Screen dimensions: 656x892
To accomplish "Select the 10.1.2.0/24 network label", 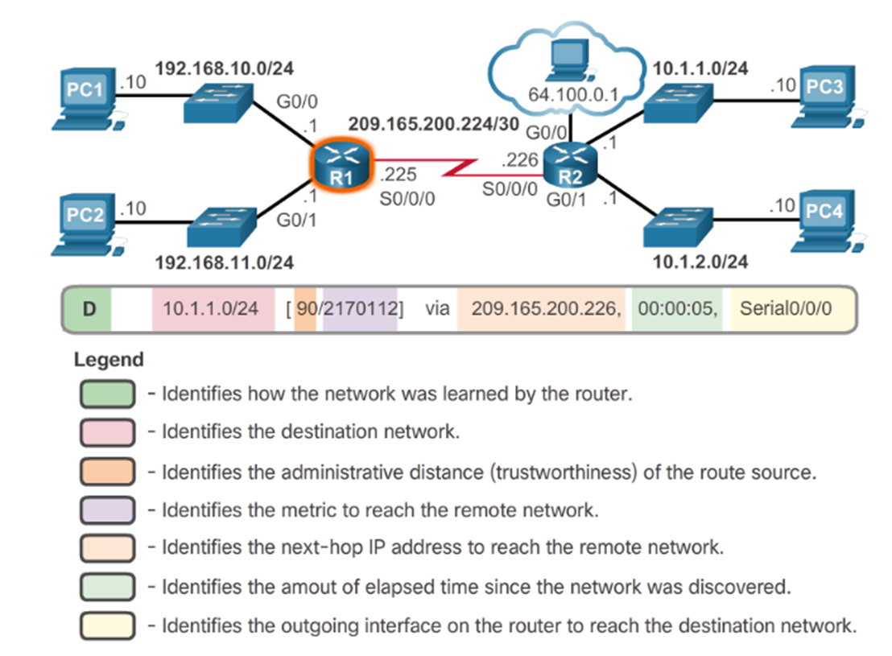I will point(700,261).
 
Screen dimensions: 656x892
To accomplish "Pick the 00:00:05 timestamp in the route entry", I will point(675,307).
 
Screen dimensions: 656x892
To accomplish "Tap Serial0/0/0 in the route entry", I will point(785,307).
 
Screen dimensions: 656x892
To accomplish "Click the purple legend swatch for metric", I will point(106,510).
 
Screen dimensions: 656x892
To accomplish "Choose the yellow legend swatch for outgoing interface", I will point(106,624).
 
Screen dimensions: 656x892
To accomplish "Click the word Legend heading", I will point(108,360).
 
